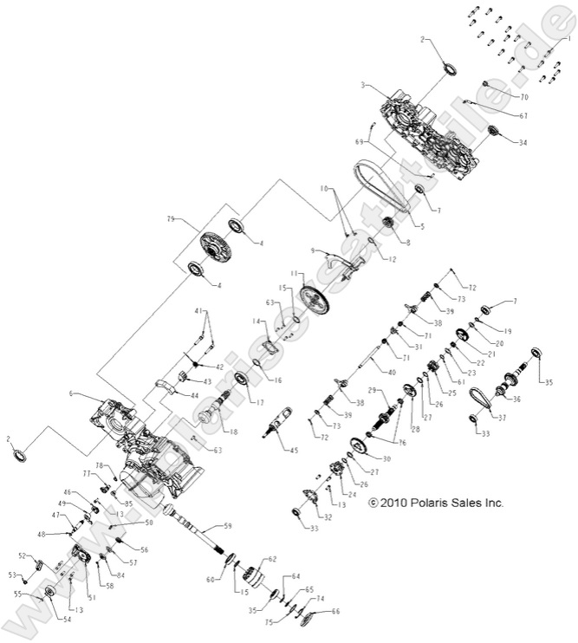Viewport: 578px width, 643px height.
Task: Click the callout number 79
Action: (x=171, y=218)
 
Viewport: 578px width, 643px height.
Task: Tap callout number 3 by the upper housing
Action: (x=365, y=86)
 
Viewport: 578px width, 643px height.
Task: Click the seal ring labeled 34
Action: (x=494, y=131)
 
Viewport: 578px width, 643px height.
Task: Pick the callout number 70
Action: (x=523, y=97)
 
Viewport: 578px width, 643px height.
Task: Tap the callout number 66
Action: (x=335, y=612)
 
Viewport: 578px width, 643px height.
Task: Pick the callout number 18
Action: (x=231, y=431)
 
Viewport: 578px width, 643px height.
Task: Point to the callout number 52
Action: (x=23, y=555)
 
